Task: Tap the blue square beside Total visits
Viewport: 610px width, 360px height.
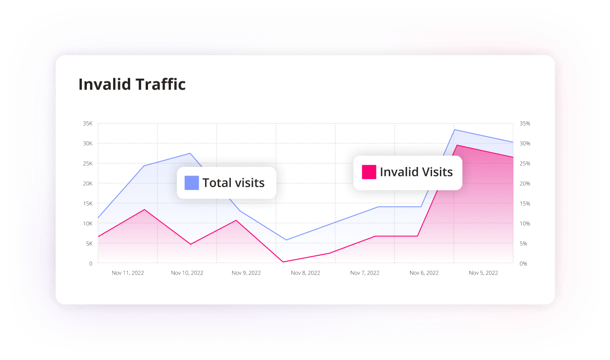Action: (192, 183)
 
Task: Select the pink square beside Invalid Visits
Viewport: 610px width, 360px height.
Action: (369, 172)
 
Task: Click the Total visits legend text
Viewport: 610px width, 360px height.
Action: (234, 183)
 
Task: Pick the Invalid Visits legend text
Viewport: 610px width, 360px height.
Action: (416, 172)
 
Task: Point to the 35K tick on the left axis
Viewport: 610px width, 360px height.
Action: (87, 124)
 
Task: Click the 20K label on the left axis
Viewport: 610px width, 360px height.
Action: (87, 183)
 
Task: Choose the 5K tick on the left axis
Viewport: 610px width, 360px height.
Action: (89, 244)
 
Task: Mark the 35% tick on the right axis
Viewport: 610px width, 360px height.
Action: (524, 124)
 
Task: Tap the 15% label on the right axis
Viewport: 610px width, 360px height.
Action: (524, 204)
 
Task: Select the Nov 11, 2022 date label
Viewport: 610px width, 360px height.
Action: (128, 273)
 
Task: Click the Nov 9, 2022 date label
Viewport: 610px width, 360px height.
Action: (246, 273)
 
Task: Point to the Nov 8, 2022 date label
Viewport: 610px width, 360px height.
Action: (305, 273)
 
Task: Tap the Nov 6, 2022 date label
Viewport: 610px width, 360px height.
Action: (424, 273)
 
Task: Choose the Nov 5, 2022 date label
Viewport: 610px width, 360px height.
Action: (483, 273)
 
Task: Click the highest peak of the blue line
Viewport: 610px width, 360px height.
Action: (455, 130)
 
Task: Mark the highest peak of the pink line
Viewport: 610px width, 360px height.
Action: (456, 145)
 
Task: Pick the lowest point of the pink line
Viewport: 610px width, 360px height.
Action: (283, 262)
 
